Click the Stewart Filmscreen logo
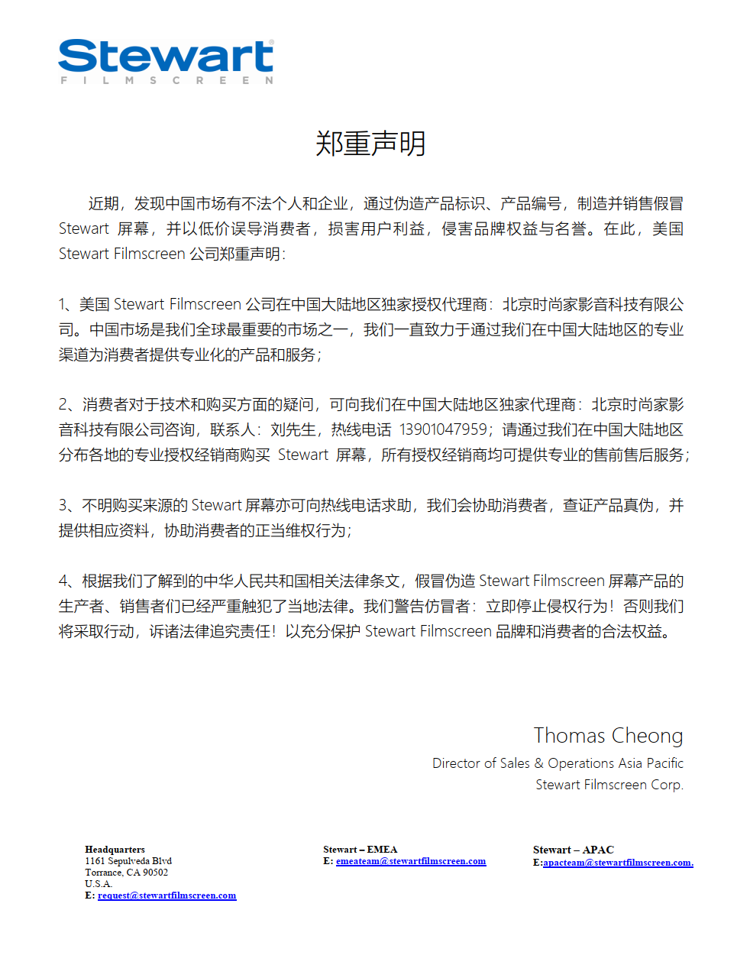[166, 61]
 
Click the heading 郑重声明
[370, 144]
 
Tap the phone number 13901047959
[443, 429]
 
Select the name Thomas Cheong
[608, 735]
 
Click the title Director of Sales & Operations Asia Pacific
[558, 763]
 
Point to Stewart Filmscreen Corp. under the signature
[609, 785]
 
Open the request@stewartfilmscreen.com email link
[166, 895]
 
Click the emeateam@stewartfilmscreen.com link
[410, 861]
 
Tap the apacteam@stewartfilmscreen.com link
[617, 863]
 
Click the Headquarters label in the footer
[115, 850]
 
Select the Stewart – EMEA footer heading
[360, 850]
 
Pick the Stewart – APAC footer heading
[573, 850]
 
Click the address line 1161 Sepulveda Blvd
[128, 861]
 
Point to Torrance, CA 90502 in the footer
[126, 873]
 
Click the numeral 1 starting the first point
[63, 305]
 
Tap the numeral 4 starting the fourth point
[63, 581]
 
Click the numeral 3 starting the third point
[63, 506]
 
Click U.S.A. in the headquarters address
[99, 884]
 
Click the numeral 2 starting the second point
[63, 405]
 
